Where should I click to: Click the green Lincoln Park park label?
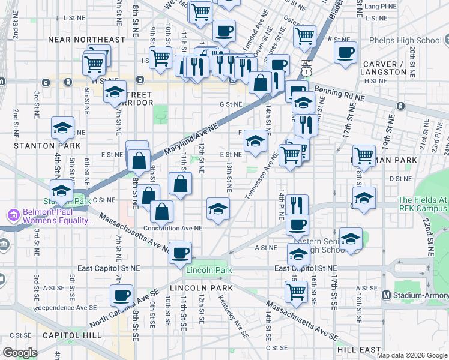pyautogui.click(x=208, y=271)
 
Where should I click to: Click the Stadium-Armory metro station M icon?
pyautogui.click(x=387, y=295)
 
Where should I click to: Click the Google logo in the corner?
pyautogui.click(x=20, y=352)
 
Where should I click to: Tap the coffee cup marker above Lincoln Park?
pyautogui.click(x=180, y=252)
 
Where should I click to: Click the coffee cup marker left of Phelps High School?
pyautogui.click(x=345, y=52)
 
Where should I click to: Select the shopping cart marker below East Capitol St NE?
pyautogui.click(x=296, y=291)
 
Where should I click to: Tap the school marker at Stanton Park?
pyautogui.click(x=61, y=191)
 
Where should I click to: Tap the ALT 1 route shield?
pyautogui.click(x=307, y=65)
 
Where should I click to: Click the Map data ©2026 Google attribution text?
pyautogui.click(x=412, y=355)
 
